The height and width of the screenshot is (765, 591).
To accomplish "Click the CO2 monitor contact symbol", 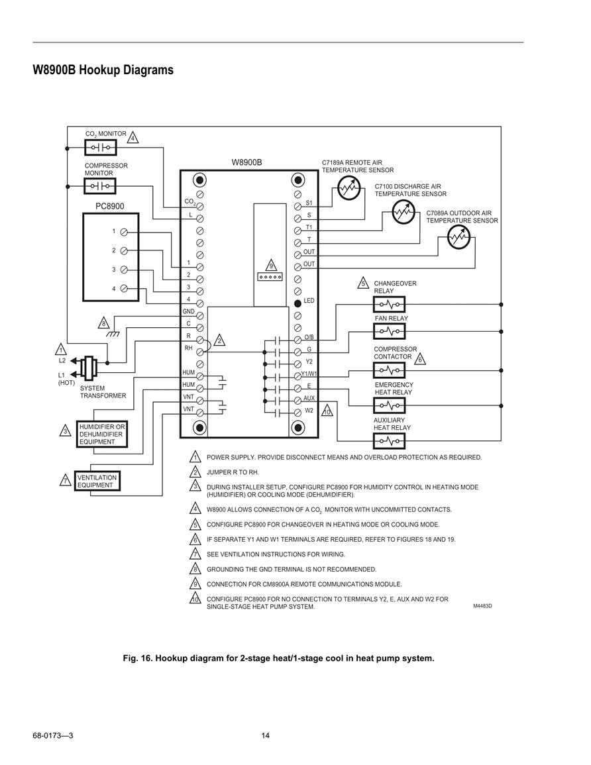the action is coord(100,147).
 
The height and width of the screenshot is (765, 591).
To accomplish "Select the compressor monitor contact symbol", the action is coord(100,186).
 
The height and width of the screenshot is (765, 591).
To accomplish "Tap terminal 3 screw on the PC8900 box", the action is coord(124,270).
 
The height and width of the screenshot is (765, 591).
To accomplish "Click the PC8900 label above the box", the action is coord(110,207).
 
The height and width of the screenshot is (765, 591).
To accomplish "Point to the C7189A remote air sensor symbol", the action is coord(349,187).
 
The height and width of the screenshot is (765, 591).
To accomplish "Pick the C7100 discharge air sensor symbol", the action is coord(403,212).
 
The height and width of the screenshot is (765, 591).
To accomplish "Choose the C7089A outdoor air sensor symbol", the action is coord(458,238).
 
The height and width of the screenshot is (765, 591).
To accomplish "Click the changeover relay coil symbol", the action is coord(389,305).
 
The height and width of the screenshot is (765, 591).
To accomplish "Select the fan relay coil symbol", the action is coord(389,332).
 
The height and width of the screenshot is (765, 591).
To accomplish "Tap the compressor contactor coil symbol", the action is coord(389,371).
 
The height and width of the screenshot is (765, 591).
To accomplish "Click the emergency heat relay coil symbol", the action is coord(389,405).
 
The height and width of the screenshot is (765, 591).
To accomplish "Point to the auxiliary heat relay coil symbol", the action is coord(389,441).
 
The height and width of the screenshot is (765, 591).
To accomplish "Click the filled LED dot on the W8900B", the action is coord(297,303).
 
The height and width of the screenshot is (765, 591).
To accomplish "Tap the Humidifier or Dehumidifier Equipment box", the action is coord(102,434).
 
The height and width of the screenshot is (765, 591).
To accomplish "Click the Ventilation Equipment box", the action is coord(97,481).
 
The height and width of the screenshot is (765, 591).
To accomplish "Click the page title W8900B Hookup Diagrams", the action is coord(103,70).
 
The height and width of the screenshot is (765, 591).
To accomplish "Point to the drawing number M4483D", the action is coord(482,606).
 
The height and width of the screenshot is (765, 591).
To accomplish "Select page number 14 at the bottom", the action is coord(266,736).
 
